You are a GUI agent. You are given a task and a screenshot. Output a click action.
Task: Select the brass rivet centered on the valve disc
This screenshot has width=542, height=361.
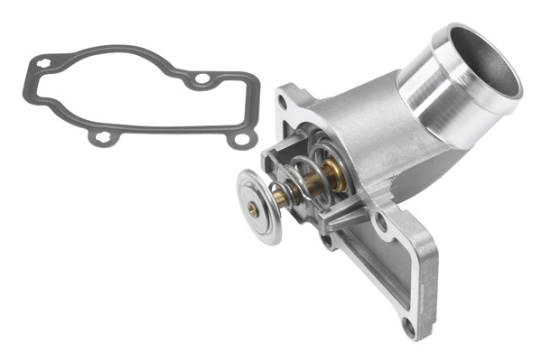pyautogui.click(x=254, y=208)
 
